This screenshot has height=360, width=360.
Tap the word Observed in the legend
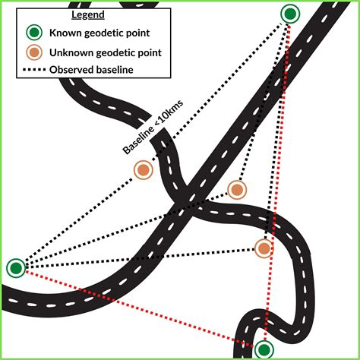tap(74, 70)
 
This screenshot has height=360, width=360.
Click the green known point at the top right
tap(290, 14)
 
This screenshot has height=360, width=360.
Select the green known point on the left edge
tap(15, 267)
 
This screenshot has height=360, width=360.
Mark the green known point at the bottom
tap(264, 349)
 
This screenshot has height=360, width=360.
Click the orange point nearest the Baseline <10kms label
tap(143, 170)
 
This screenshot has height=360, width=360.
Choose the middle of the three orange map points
tap(237, 189)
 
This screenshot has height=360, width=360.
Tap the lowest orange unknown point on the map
tap(263, 248)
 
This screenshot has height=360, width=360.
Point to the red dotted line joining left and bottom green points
tap(137, 307)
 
